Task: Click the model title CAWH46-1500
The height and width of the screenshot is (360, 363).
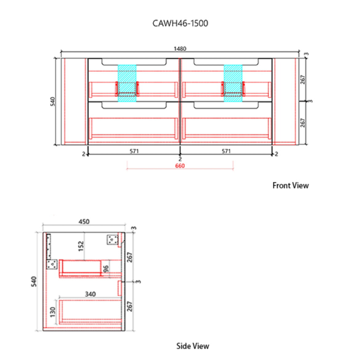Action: [x=180, y=23]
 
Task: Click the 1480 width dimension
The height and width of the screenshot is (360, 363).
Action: [x=180, y=49]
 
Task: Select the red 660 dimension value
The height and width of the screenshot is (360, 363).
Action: [x=180, y=166]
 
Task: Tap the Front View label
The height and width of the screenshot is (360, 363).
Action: [x=290, y=186]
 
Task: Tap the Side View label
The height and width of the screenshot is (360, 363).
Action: [x=193, y=346]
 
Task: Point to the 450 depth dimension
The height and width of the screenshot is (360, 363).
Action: [x=84, y=222]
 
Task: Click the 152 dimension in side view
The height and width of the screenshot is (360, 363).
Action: [x=81, y=246]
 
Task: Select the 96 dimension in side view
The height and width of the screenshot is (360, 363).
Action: [x=106, y=269]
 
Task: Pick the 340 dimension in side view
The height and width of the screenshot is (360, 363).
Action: [x=90, y=294]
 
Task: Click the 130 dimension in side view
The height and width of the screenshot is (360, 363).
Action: [x=53, y=312]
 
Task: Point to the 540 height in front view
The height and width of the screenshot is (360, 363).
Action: [x=53, y=101]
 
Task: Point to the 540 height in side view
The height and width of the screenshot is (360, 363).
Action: [x=34, y=281]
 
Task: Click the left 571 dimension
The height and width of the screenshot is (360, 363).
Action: [x=134, y=151]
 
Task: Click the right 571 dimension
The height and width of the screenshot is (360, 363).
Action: [x=226, y=151]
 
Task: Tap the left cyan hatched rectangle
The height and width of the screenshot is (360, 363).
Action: [x=127, y=83]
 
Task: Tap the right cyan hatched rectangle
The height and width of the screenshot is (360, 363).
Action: [x=233, y=83]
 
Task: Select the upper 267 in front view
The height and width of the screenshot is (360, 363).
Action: [x=303, y=79]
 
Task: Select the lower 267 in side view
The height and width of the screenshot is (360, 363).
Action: [x=130, y=306]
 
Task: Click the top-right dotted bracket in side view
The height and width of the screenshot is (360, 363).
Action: [x=113, y=240]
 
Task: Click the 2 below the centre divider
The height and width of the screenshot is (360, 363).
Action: [x=180, y=159]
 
